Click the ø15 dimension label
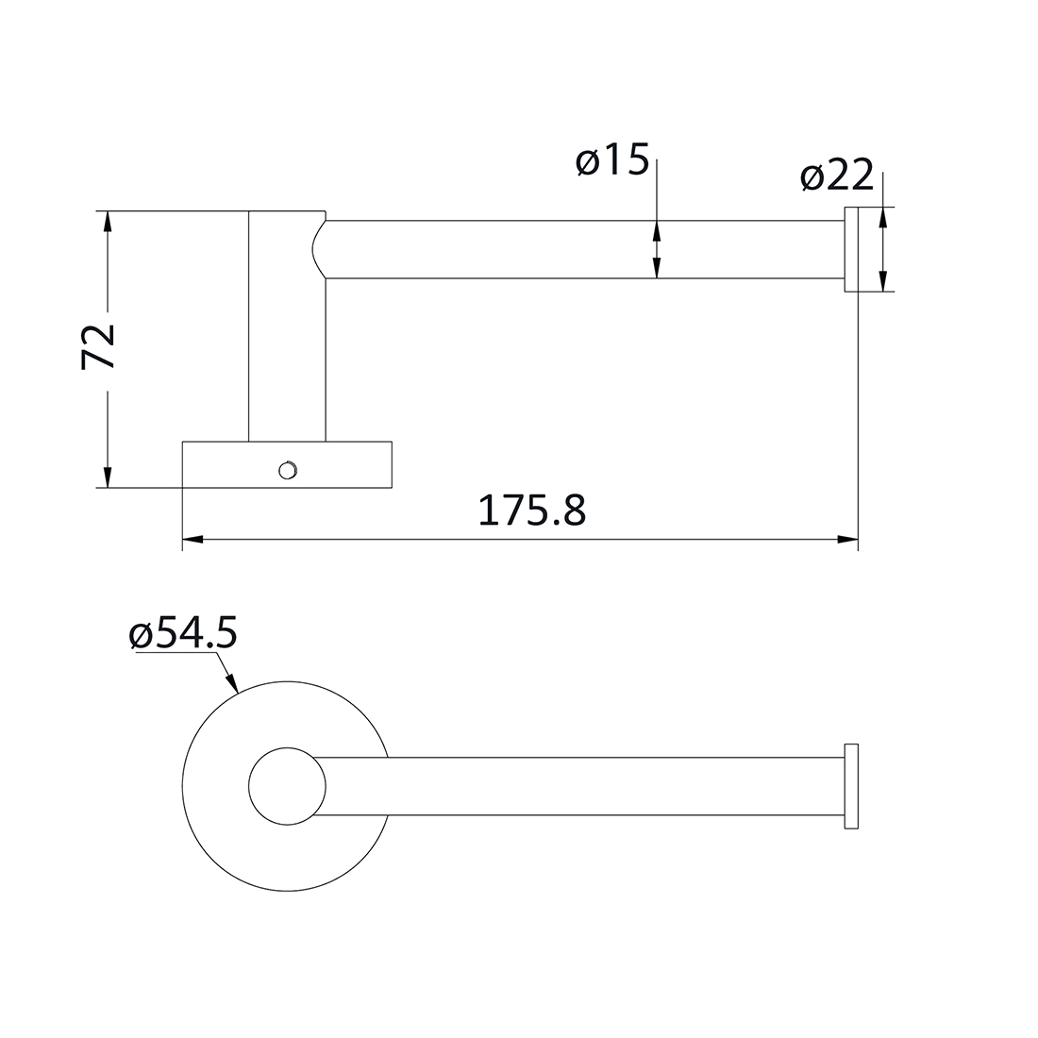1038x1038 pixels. point(611,162)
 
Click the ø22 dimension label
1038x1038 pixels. point(837,176)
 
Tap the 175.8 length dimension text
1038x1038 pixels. point(532,511)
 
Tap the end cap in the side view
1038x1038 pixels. point(851,249)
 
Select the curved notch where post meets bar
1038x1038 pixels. point(319,250)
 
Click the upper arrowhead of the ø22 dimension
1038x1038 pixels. point(882,217)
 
